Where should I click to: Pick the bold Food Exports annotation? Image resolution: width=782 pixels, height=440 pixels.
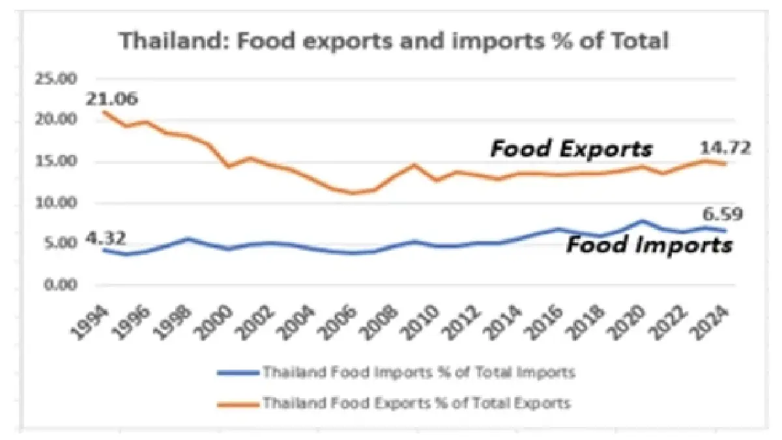point(571,149)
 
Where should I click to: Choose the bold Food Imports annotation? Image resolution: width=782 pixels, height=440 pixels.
point(648,245)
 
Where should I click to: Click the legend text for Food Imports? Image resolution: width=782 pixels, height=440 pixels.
point(418,373)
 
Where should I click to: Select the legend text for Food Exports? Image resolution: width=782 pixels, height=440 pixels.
point(417,404)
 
